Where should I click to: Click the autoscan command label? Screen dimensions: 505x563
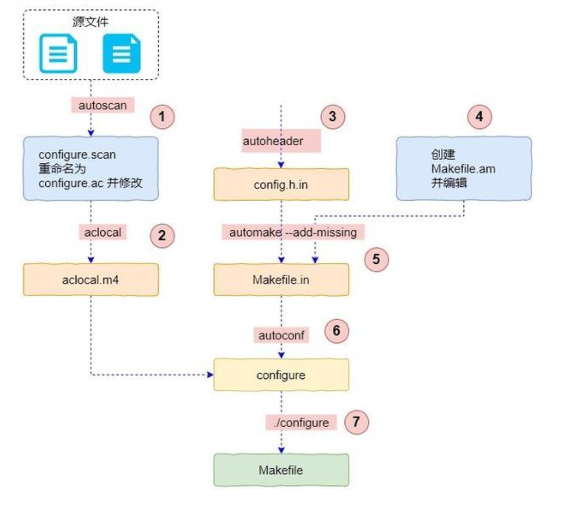point(102,105)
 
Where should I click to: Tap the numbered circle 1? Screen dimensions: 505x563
point(162,117)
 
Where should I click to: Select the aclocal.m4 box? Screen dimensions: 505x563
point(91,280)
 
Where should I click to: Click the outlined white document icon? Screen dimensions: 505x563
point(58,53)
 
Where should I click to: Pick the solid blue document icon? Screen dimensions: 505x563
point(122,53)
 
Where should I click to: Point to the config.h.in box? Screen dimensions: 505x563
point(281,184)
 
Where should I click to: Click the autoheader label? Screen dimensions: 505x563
point(273,141)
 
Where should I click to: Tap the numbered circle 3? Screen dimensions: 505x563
point(332,116)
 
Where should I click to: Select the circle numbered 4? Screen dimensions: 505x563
point(479,117)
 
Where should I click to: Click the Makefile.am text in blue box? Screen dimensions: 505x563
point(463,169)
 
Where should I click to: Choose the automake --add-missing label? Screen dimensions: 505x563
point(293,232)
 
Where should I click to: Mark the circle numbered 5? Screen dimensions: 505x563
point(376,259)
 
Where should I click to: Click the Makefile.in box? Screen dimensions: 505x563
point(281,280)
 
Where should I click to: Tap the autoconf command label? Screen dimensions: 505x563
point(281,335)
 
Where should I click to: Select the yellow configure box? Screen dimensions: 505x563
point(281,375)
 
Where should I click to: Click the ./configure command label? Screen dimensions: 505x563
point(301,422)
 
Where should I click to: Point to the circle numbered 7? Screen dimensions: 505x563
point(356,422)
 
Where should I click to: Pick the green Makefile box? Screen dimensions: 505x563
point(281,470)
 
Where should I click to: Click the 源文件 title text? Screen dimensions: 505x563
point(90,22)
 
